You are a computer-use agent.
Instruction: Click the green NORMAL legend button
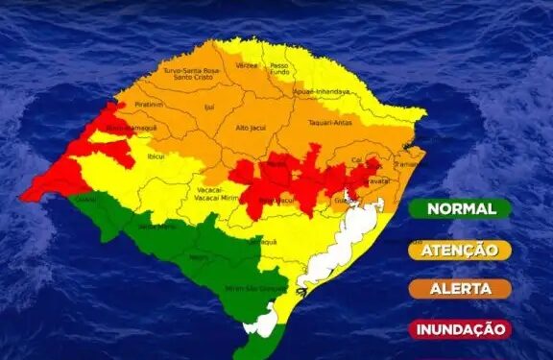click(x=460, y=208)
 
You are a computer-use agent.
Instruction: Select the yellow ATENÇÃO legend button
click(x=460, y=250)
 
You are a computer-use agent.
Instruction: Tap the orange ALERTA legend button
click(x=460, y=289)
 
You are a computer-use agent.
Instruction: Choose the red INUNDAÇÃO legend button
click(x=460, y=328)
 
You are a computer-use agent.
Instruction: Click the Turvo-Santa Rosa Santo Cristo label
click(x=191, y=74)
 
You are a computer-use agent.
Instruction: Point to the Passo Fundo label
click(x=278, y=69)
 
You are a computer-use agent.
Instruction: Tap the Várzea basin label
click(x=247, y=65)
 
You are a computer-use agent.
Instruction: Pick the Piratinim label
click(x=149, y=103)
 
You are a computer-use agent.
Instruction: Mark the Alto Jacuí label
click(x=251, y=127)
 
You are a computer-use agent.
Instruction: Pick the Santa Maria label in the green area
click(x=150, y=227)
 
